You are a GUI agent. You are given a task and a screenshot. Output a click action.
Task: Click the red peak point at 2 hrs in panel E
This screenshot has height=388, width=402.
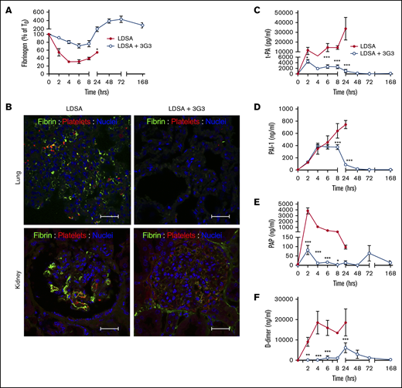click(x=308, y=210)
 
